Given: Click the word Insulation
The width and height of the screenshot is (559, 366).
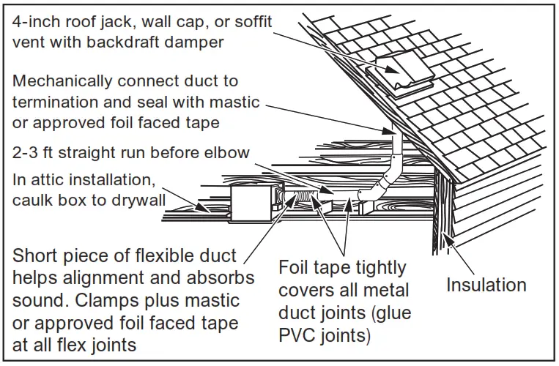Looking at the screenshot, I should point(486,285).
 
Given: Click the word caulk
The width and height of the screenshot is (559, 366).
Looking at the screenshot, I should point(30,198).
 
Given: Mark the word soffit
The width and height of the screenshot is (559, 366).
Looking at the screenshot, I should point(251,21).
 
